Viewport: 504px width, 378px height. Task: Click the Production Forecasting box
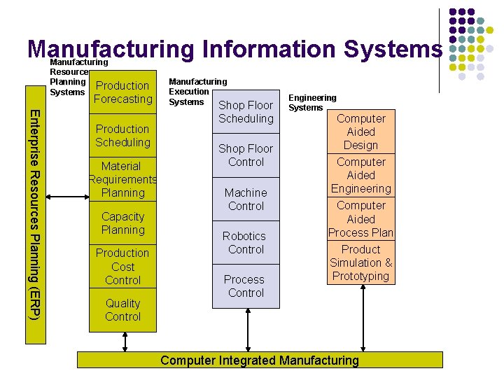122,92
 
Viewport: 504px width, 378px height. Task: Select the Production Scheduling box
122,136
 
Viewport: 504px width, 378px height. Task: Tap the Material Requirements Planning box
122,179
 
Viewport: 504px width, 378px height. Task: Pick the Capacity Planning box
122,223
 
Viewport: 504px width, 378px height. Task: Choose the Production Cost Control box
122,266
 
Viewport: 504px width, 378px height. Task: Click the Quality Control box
122,309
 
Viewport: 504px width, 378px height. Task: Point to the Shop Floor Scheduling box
246,112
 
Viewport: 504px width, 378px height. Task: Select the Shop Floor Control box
246,155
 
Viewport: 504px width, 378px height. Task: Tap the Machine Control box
246,199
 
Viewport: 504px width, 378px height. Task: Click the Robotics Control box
246,242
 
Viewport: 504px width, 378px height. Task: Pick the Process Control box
246,286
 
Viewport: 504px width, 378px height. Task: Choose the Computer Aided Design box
360,132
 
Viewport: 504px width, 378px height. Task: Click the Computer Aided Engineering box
360,175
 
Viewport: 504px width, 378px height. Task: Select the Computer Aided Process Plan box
360,218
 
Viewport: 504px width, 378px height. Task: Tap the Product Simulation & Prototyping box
360,262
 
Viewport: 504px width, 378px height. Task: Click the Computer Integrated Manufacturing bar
259,360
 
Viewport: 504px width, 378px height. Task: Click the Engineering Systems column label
312,103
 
